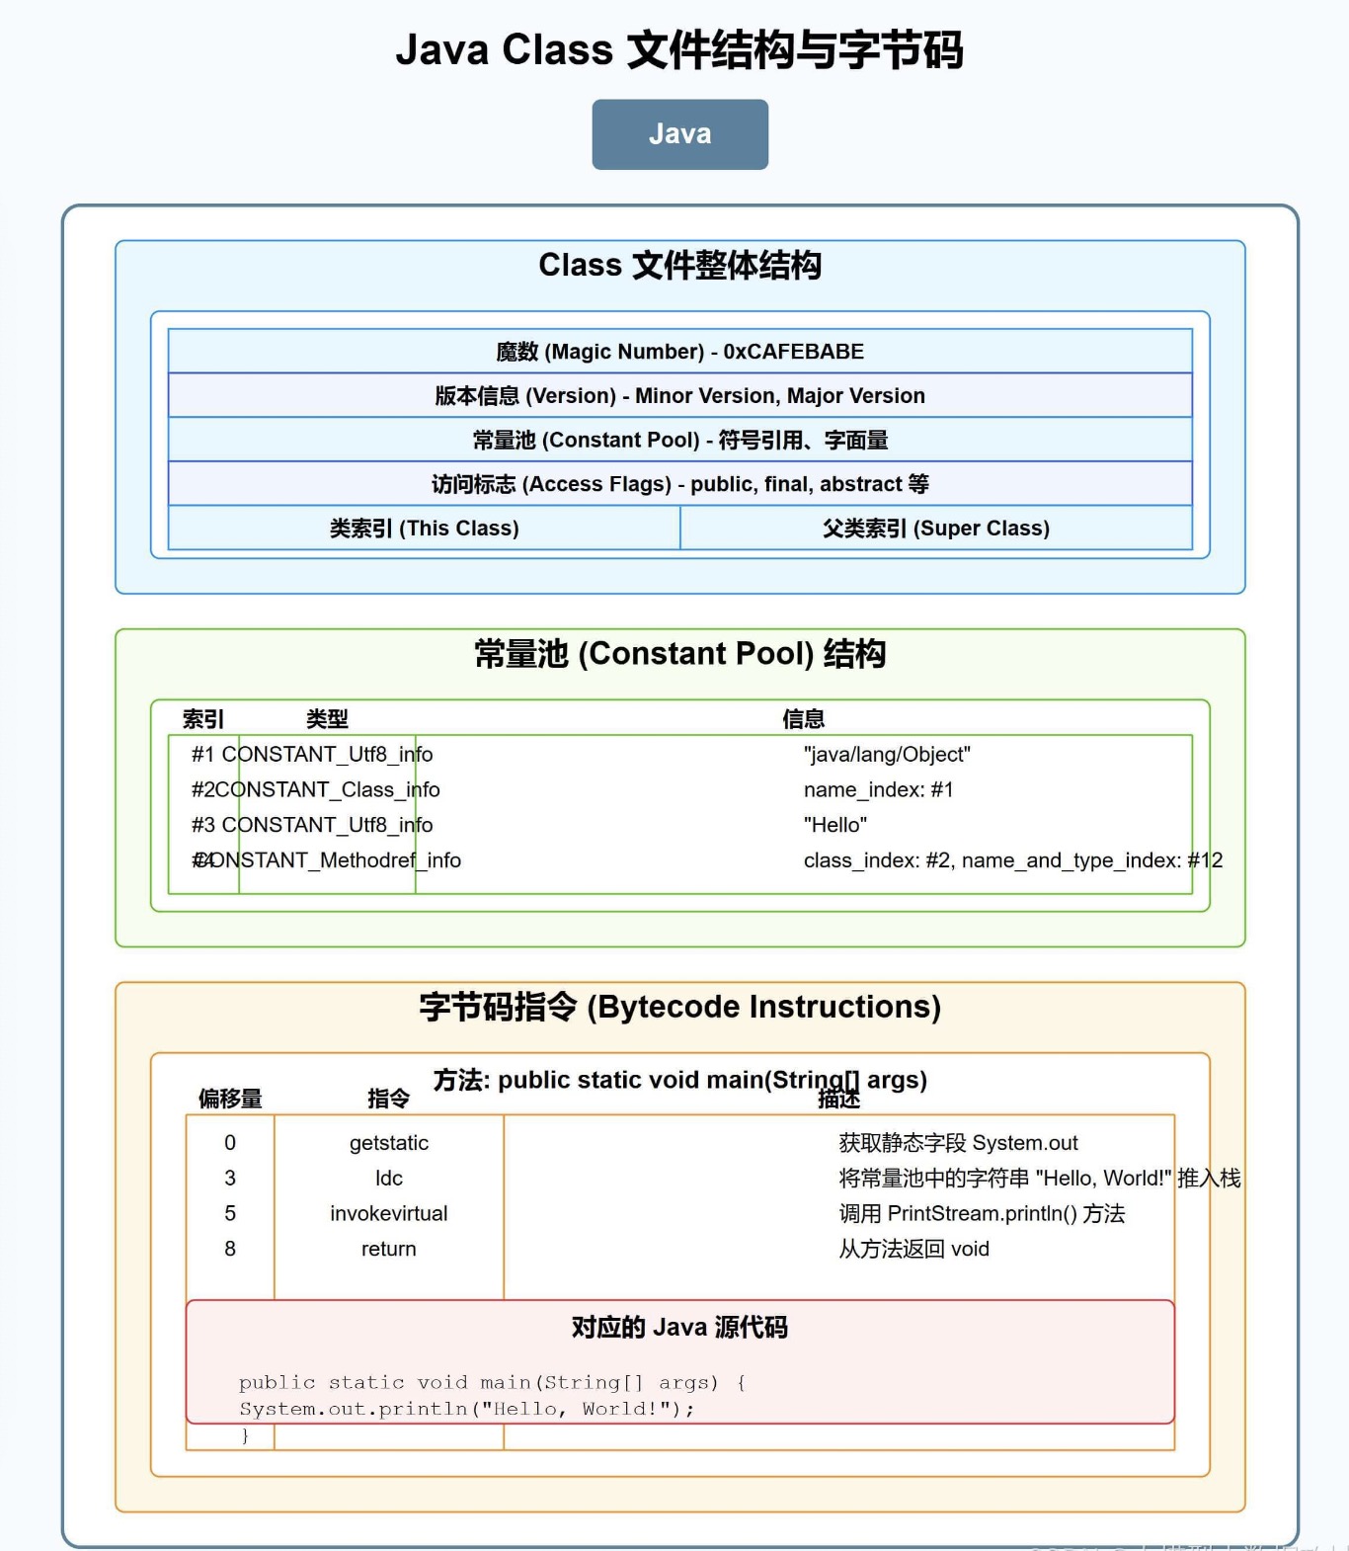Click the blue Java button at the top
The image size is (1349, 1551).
[679, 134]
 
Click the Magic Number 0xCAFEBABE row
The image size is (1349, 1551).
[679, 352]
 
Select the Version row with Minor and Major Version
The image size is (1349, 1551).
[679, 396]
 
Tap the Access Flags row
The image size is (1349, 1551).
[679, 484]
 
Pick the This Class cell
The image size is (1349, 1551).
[424, 529]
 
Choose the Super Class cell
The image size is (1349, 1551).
[935, 529]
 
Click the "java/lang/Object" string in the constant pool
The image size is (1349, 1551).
[887, 755]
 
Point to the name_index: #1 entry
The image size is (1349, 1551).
[878, 790]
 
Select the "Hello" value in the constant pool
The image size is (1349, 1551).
[834, 825]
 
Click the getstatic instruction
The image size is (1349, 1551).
[388, 1143]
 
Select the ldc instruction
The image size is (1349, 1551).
[388, 1179]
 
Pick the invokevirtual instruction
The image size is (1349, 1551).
[388, 1214]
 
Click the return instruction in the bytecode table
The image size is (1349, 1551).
[388, 1250]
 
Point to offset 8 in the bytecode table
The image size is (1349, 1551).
[230, 1250]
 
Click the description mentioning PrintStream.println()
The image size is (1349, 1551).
[982, 1214]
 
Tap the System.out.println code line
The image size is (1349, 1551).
[466, 1409]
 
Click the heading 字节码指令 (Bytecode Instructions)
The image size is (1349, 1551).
[679, 1007]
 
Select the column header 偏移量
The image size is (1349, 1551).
[230, 1099]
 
